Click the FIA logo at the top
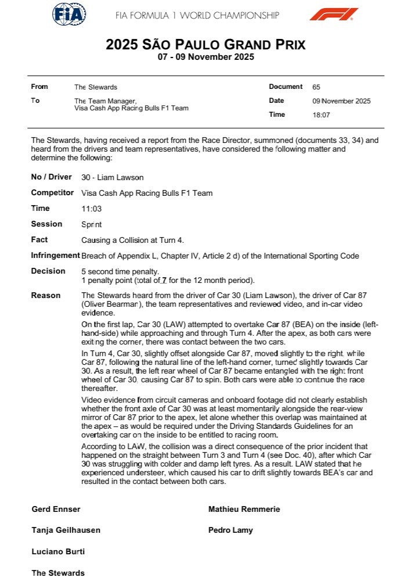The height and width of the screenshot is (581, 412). click(69, 14)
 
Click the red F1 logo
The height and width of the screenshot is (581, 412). click(333, 14)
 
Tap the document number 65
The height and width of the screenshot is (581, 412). click(316, 87)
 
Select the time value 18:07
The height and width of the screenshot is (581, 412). click(321, 115)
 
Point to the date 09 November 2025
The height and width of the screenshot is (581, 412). click(341, 101)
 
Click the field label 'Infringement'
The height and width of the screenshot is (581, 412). click(56, 255)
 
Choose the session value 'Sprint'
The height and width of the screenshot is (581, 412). click(92, 224)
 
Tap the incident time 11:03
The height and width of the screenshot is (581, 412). click(91, 209)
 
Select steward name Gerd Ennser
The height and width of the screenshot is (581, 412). click(56, 510)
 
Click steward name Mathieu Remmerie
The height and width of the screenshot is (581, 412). click(244, 510)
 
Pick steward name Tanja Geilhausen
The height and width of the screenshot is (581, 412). click(66, 530)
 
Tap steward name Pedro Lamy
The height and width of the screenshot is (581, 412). click(230, 530)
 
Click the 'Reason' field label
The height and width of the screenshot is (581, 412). click(46, 295)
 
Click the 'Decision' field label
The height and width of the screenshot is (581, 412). click(48, 271)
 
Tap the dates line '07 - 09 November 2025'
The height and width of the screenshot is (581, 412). click(205, 57)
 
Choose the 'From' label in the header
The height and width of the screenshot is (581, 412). click(39, 87)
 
